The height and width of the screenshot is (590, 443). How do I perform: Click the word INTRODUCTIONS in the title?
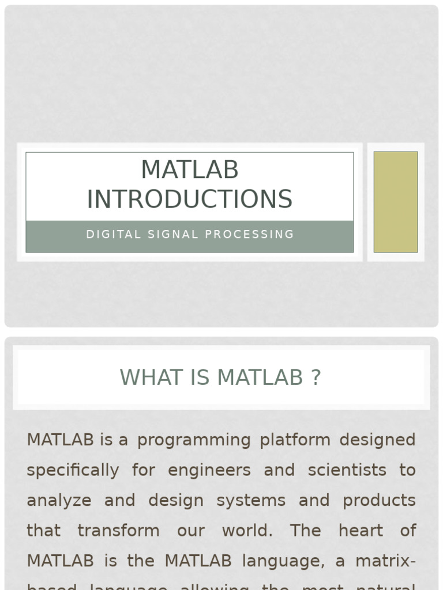pos(190,199)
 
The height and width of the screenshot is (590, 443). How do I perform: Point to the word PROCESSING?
pos(250,235)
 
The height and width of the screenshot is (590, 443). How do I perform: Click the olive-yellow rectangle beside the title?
pos(396,202)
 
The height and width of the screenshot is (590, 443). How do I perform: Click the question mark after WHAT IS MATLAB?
pos(315,377)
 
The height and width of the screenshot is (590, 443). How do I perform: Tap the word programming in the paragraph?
pos(194,440)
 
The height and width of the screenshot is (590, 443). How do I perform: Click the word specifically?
pos(73,470)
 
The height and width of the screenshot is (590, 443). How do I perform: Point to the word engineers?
pos(209,470)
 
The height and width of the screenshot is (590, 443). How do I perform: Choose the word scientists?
pos(347,470)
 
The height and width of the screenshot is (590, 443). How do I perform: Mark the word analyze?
pos(59,500)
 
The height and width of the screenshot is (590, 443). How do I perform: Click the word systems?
pos(251,500)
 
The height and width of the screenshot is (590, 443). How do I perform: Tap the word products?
pos(379,500)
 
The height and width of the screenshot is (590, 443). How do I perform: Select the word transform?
pos(118,530)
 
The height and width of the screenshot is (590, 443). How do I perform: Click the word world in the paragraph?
pos(247,530)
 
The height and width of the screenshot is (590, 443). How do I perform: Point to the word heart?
pos(361,530)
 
